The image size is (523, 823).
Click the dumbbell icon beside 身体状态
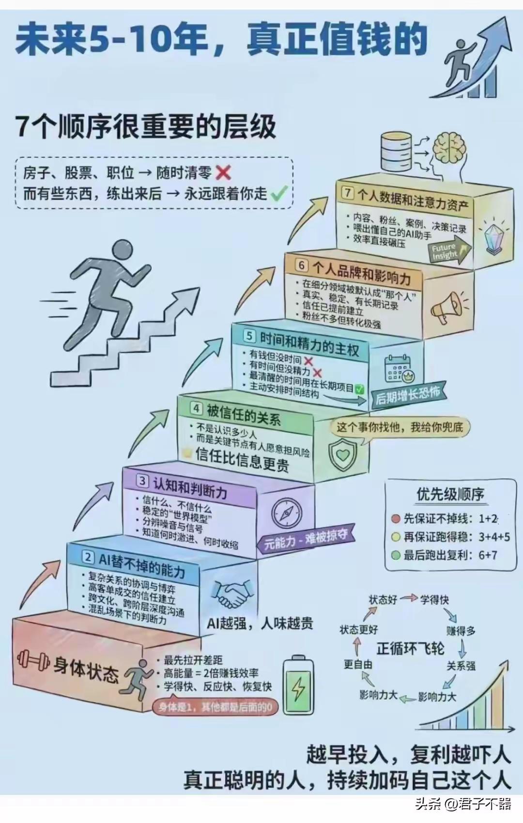(33, 659)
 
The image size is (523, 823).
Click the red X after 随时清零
(223, 172)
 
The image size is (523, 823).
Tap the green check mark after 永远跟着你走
(278, 194)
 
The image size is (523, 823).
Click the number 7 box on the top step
(348, 192)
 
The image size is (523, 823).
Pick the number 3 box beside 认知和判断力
(142, 481)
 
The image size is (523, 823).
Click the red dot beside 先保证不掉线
(396, 519)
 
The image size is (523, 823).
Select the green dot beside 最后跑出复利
(396, 555)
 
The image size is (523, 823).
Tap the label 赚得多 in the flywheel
(461, 630)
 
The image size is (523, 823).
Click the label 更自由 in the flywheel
(358, 664)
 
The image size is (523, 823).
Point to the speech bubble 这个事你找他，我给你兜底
(400, 427)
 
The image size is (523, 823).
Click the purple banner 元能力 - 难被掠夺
(306, 539)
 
